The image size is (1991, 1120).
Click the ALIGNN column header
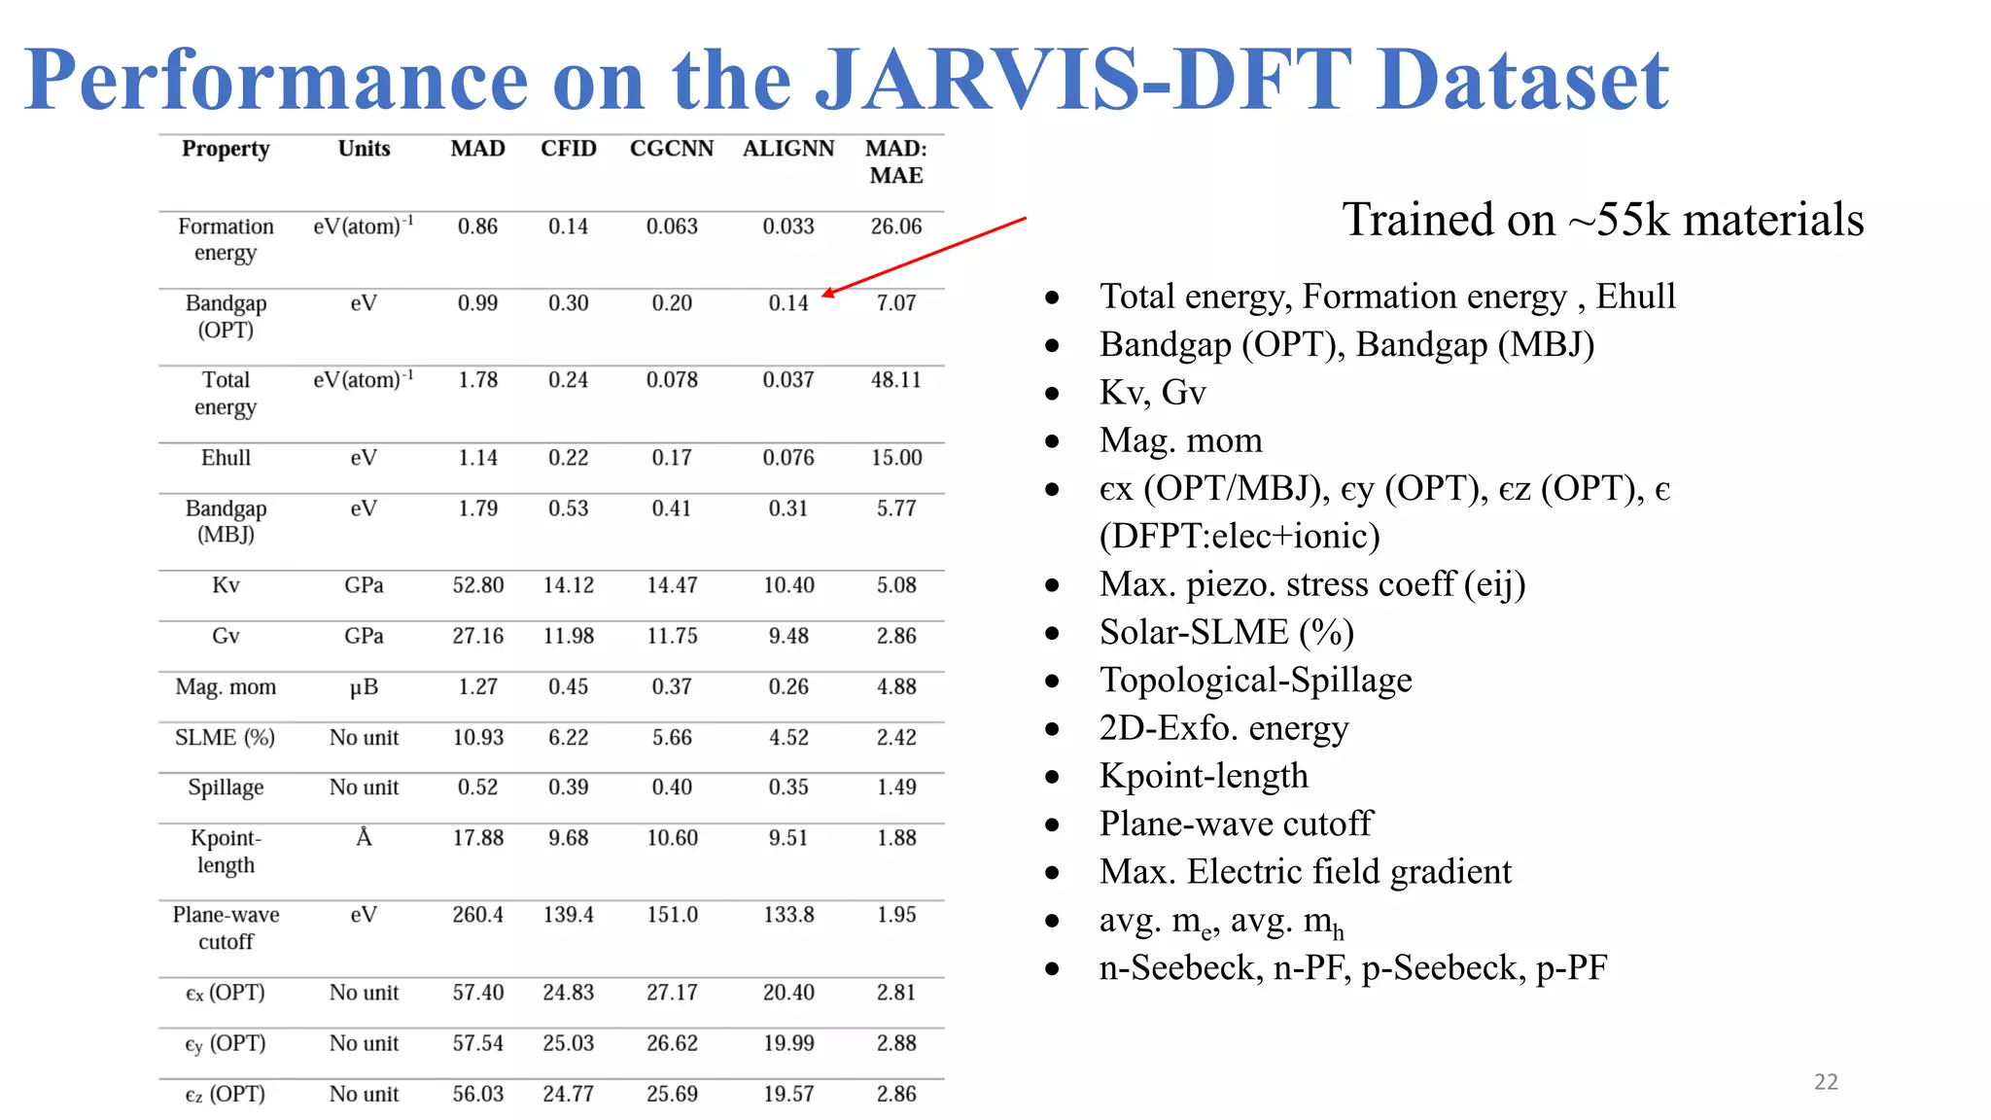point(788,149)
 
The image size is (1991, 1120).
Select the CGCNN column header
point(671,149)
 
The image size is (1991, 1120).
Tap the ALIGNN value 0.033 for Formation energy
point(788,227)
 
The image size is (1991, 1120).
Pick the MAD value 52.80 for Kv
point(477,585)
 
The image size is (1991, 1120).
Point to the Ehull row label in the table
point(226,458)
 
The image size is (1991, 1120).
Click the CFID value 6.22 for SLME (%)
point(568,738)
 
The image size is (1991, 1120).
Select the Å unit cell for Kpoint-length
point(364,838)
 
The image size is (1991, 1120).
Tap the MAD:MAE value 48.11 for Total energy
point(895,380)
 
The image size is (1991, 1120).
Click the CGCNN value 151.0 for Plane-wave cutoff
point(672,915)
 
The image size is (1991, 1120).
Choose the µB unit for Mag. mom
point(364,687)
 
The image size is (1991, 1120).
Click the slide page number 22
point(1826,1082)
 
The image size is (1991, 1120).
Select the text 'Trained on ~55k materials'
point(1602,220)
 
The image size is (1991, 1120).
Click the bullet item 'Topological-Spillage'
point(1255,680)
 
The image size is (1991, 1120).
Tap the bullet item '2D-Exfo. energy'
point(1224,728)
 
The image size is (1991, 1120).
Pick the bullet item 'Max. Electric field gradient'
point(1305,872)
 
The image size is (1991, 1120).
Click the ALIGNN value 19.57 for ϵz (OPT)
point(788,1095)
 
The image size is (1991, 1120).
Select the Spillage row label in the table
point(226,787)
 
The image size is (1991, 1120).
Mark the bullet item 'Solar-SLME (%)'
point(1226,632)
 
